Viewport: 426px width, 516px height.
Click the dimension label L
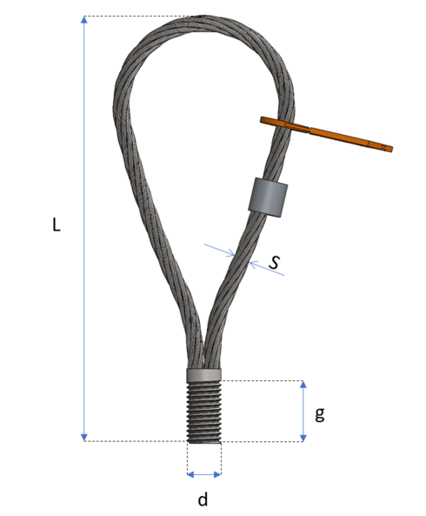point(57,224)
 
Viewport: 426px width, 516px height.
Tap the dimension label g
point(320,413)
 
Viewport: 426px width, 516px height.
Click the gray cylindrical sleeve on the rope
point(267,197)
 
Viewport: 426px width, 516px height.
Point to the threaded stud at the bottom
point(204,413)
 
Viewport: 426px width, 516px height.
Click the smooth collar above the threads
point(204,375)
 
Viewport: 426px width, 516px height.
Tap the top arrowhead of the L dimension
point(84,21)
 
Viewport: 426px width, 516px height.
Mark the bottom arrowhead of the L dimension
point(84,436)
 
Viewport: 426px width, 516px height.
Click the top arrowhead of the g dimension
point(303,385)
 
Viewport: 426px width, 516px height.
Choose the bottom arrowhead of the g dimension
point(303,436)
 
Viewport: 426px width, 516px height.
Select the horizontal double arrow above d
point(204,474)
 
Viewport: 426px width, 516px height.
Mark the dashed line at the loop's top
point(139,17)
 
